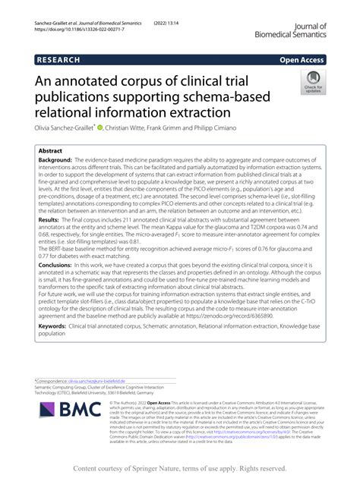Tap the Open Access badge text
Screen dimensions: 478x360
click(x=302, y=58)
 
